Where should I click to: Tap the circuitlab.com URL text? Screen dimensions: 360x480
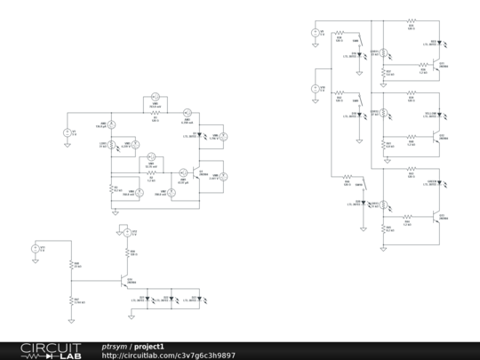[168, 355]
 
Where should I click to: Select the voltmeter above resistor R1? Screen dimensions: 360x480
[152, 94]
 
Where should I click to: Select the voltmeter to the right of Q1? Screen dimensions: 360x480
[225, 176]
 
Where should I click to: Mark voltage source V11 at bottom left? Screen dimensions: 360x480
[36, 250]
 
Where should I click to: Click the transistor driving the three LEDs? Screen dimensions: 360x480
[125, 280]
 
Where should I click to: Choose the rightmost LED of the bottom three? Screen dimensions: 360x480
[196, 297]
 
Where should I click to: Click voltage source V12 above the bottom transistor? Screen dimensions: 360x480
[126, 232]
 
